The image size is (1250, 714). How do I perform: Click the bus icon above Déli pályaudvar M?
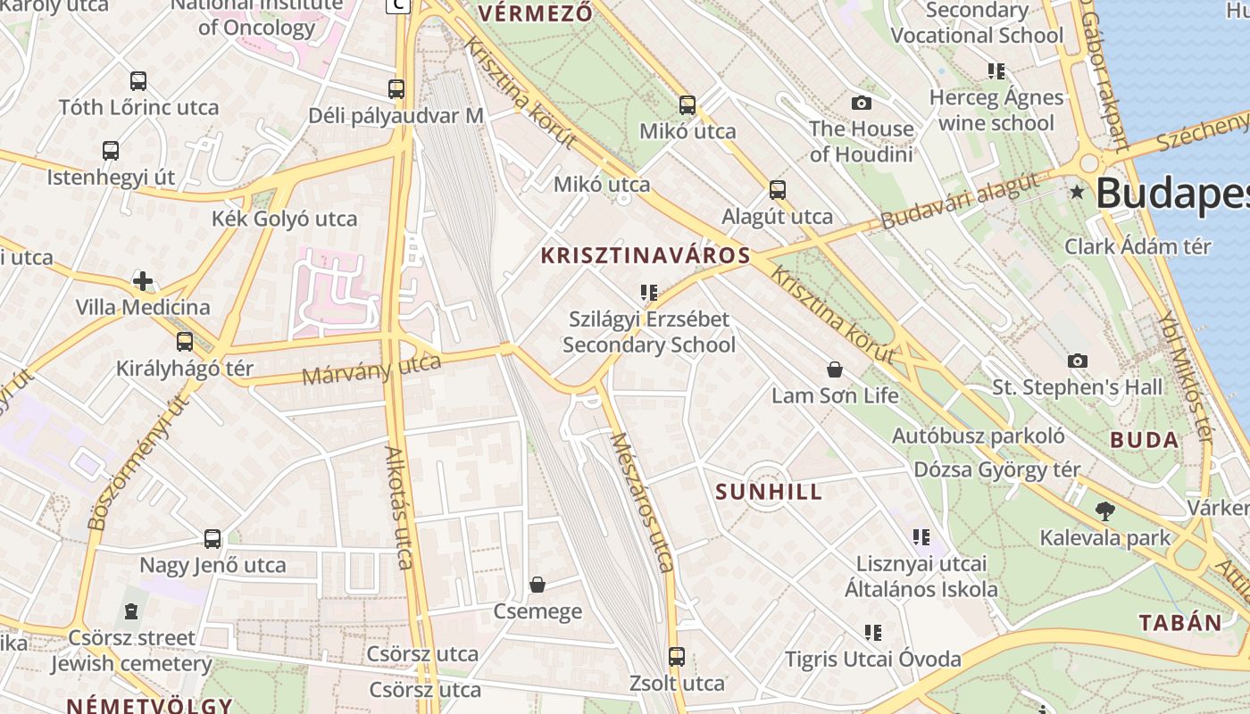[x=396, y=89]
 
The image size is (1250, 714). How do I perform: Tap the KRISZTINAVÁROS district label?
[x=646, y=256]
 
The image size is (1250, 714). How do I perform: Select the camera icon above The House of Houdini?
[x=862, y=103]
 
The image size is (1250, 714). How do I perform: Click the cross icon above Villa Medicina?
[x=143, y=282]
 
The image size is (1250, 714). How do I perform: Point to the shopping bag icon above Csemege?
[x=537, y=585]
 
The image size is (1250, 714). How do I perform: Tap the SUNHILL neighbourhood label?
[x=769, y=492]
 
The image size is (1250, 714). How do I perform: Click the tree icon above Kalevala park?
[x=1105, y=511]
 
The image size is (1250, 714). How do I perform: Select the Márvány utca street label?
[x=371, y=369]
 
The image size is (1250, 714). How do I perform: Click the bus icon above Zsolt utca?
[x=677, y=657]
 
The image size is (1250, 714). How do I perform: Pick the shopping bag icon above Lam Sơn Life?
[x=835, y=369]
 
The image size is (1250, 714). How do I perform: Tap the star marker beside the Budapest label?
[x=1078, y=192]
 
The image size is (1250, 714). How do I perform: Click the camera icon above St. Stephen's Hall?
[x=1078, y=361]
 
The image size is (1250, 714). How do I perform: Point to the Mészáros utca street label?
[x=641, y=502]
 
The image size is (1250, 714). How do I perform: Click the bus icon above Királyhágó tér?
[x=185, y=342]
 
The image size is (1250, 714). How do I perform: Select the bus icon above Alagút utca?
[x=778, y=189]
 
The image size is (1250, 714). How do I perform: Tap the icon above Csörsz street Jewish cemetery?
[x=131, y=611]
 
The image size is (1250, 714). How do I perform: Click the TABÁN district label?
[x=1179, y=623]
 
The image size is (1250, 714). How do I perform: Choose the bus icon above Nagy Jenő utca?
[x=212, y=539]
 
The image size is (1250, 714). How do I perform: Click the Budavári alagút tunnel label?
[x=960, y=201]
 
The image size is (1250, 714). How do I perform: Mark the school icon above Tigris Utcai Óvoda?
[x=873, y=633]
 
